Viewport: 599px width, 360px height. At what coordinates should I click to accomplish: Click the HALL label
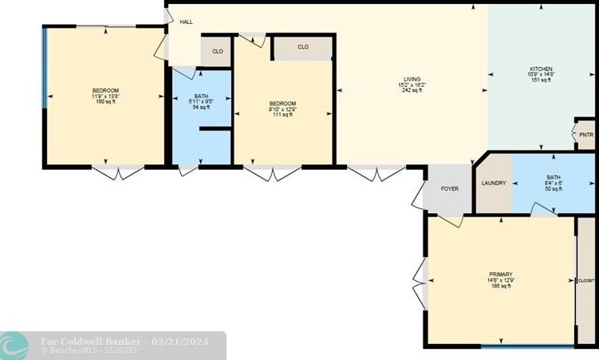[x=186, y=22]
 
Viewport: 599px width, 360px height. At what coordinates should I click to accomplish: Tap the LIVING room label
[x=411, y=79]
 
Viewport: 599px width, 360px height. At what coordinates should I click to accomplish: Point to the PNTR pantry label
[x=586, y=135]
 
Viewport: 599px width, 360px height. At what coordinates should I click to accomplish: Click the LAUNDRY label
[x=494, y=184]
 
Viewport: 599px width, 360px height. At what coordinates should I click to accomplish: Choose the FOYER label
[x=450, y=189]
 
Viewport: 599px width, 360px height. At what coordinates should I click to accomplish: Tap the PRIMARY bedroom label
[x=501, y=274]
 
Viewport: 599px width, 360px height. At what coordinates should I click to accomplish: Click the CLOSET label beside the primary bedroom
[x=586, y=281]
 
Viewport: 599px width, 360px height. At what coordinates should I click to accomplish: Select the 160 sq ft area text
[x=106, y=101]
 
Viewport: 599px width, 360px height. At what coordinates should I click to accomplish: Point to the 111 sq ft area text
[x=282, y=115]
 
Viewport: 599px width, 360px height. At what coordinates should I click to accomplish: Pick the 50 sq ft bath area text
[x=554, y=188]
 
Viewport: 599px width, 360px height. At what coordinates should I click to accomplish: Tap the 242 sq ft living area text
[x=412, y=90]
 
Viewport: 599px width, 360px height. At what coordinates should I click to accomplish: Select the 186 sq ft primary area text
[x=501, y=285]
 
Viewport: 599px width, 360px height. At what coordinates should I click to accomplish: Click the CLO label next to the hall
[x=218, y=52]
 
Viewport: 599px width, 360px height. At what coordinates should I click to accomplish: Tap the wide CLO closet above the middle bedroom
[x=303, y=47]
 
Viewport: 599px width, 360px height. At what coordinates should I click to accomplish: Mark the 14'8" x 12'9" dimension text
[x=501, y=279]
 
